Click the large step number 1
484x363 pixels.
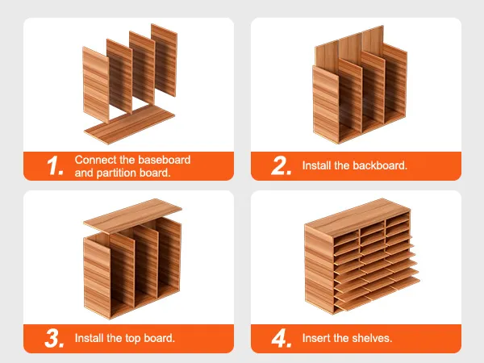coord(55,165)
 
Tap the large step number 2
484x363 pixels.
coord(282,165)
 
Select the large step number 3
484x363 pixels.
coord(55,338)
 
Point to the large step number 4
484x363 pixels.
coord(282,338)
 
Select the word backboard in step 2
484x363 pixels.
coord(380,165)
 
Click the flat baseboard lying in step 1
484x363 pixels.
coord(130,124)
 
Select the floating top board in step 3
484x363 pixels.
coord(132,216)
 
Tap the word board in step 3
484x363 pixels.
coord(159,338)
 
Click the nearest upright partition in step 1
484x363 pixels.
coord(96,85)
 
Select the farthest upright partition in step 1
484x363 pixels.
coord(165,60)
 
